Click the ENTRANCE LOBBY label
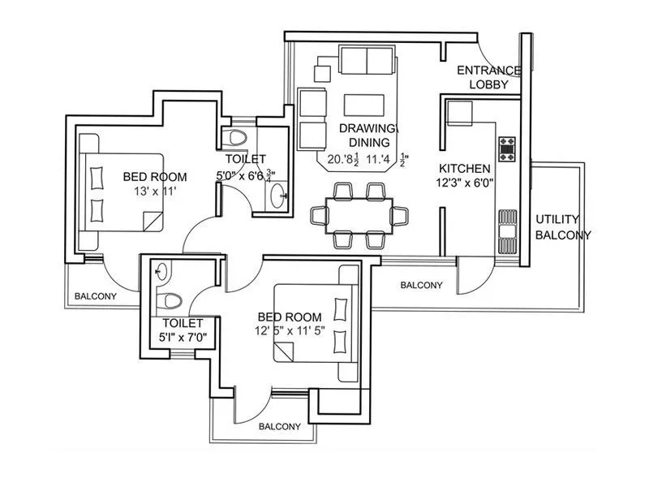(x=488, y=77)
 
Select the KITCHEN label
(x=465, y=168)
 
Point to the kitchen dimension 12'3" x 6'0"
(x=465, y=183)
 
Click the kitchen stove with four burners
(x=508, y=149)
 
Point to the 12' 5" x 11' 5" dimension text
(x=290, y=331)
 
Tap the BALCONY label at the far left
(x=96, y=296)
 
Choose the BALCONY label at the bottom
(x=280, y=426)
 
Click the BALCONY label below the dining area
(x=422, y=285)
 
